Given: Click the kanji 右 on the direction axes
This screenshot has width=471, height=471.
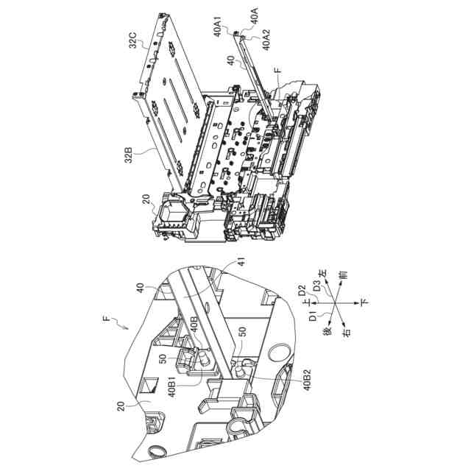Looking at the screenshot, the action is tap(347, 332).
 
